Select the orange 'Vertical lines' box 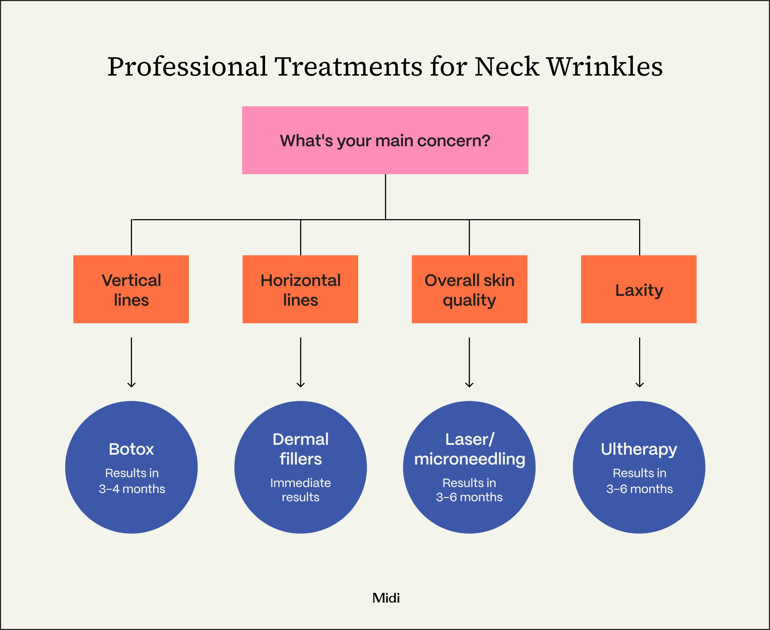[131, 289]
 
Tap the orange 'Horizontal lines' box [300, 289]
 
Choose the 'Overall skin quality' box [469, 289]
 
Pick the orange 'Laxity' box [639, 289]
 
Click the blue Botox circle [131, 467]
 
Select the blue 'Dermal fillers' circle [300, 467]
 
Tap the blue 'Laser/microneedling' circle [469, 467]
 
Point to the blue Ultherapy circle [639, 467]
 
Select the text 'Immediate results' [300, 490]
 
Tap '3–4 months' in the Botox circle [132, 489]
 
